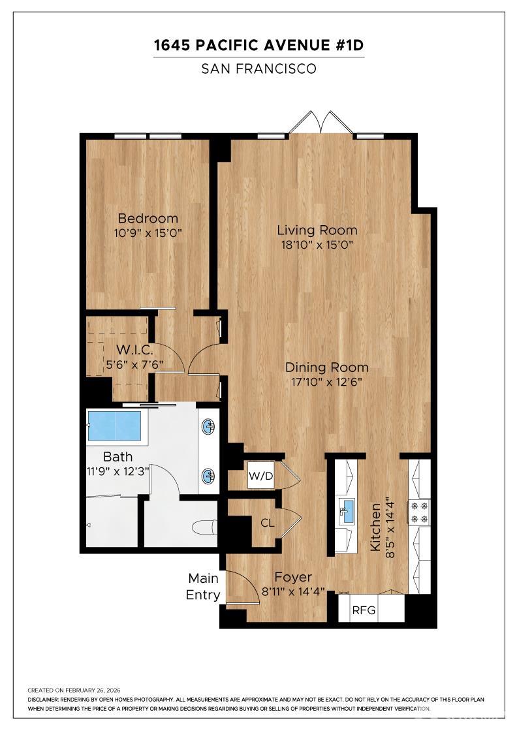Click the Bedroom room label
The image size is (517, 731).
point(148,218)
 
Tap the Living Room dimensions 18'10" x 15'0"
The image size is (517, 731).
point(317,244)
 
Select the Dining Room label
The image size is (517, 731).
point(327,367)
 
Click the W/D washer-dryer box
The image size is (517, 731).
point(260,476)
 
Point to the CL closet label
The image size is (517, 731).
point(267,523)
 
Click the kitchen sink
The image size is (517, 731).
point(347,512)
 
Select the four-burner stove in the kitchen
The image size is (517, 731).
point(419,512)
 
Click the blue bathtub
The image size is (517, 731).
point(114,425)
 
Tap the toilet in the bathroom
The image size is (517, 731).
point(205,528)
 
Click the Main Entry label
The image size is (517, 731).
point(203,587)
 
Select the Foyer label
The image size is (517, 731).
point(293,577)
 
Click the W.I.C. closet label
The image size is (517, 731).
point(134,350)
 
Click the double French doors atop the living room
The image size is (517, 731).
point(321,123)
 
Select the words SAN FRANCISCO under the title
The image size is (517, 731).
point(258,69)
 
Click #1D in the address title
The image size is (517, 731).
point(349,45)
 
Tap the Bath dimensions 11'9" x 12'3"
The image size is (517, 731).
point(118,471)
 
